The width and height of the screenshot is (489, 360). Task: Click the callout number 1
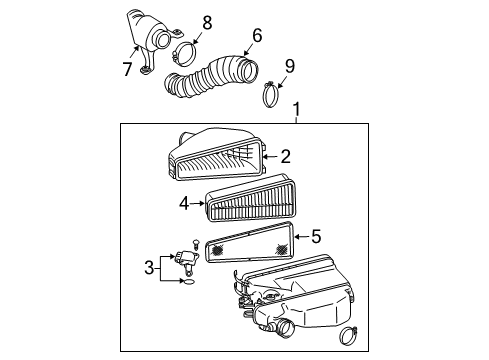(296, 107)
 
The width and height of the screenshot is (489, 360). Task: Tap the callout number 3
(148, 267)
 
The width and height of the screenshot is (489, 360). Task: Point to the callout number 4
(184, 203)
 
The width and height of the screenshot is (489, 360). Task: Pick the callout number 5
(316, 238)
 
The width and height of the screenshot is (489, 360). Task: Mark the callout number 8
(207, 22)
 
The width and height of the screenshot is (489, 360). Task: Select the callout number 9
(289, 67)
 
